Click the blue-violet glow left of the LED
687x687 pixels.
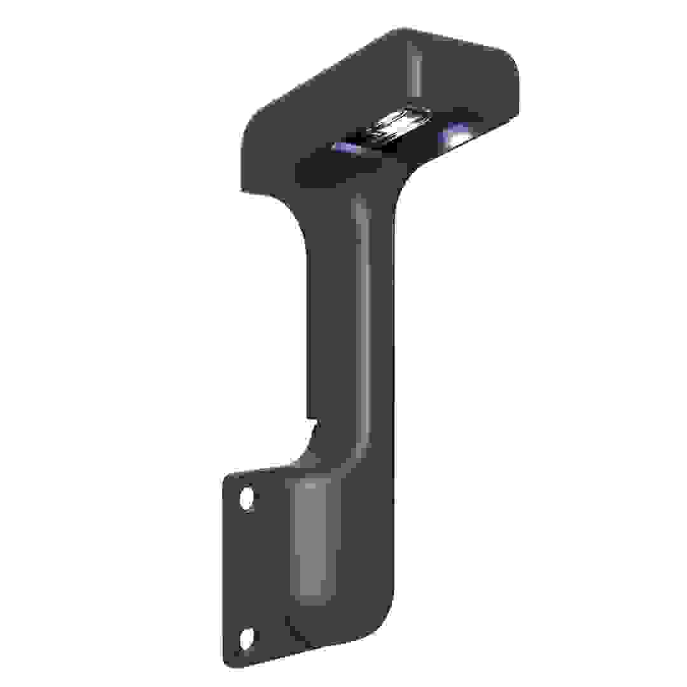pyautogui.click(x=347, y=148)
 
